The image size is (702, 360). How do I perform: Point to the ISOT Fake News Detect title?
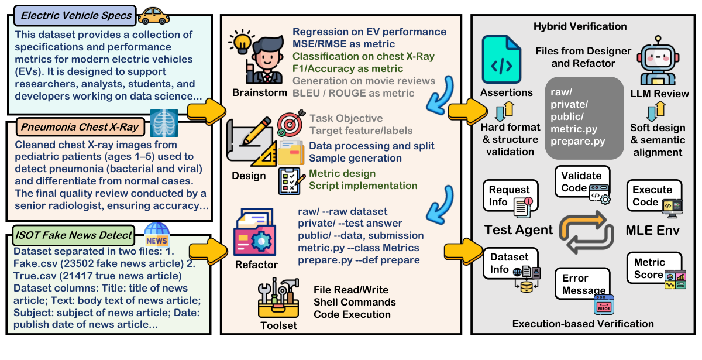[74, 235]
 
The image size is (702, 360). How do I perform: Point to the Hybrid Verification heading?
[580, 27]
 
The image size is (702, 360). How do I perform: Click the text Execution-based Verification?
[583, 324]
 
